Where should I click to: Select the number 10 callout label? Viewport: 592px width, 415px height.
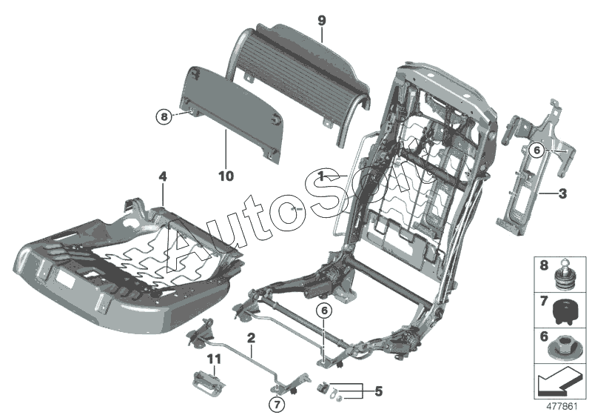click(x=226, y=176)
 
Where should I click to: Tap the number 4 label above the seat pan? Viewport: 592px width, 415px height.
click(x=162, y=176)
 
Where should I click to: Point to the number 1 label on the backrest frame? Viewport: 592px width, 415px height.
click(x=321, y=175)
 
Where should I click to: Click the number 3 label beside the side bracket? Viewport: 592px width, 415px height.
click(x=562, y=194)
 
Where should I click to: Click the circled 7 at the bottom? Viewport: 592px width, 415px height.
click(x=275, y=405)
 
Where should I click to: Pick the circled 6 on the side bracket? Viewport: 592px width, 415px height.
click(x=536, y=150)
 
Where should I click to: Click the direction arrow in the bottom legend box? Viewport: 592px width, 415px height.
click(x=556, y=384)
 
